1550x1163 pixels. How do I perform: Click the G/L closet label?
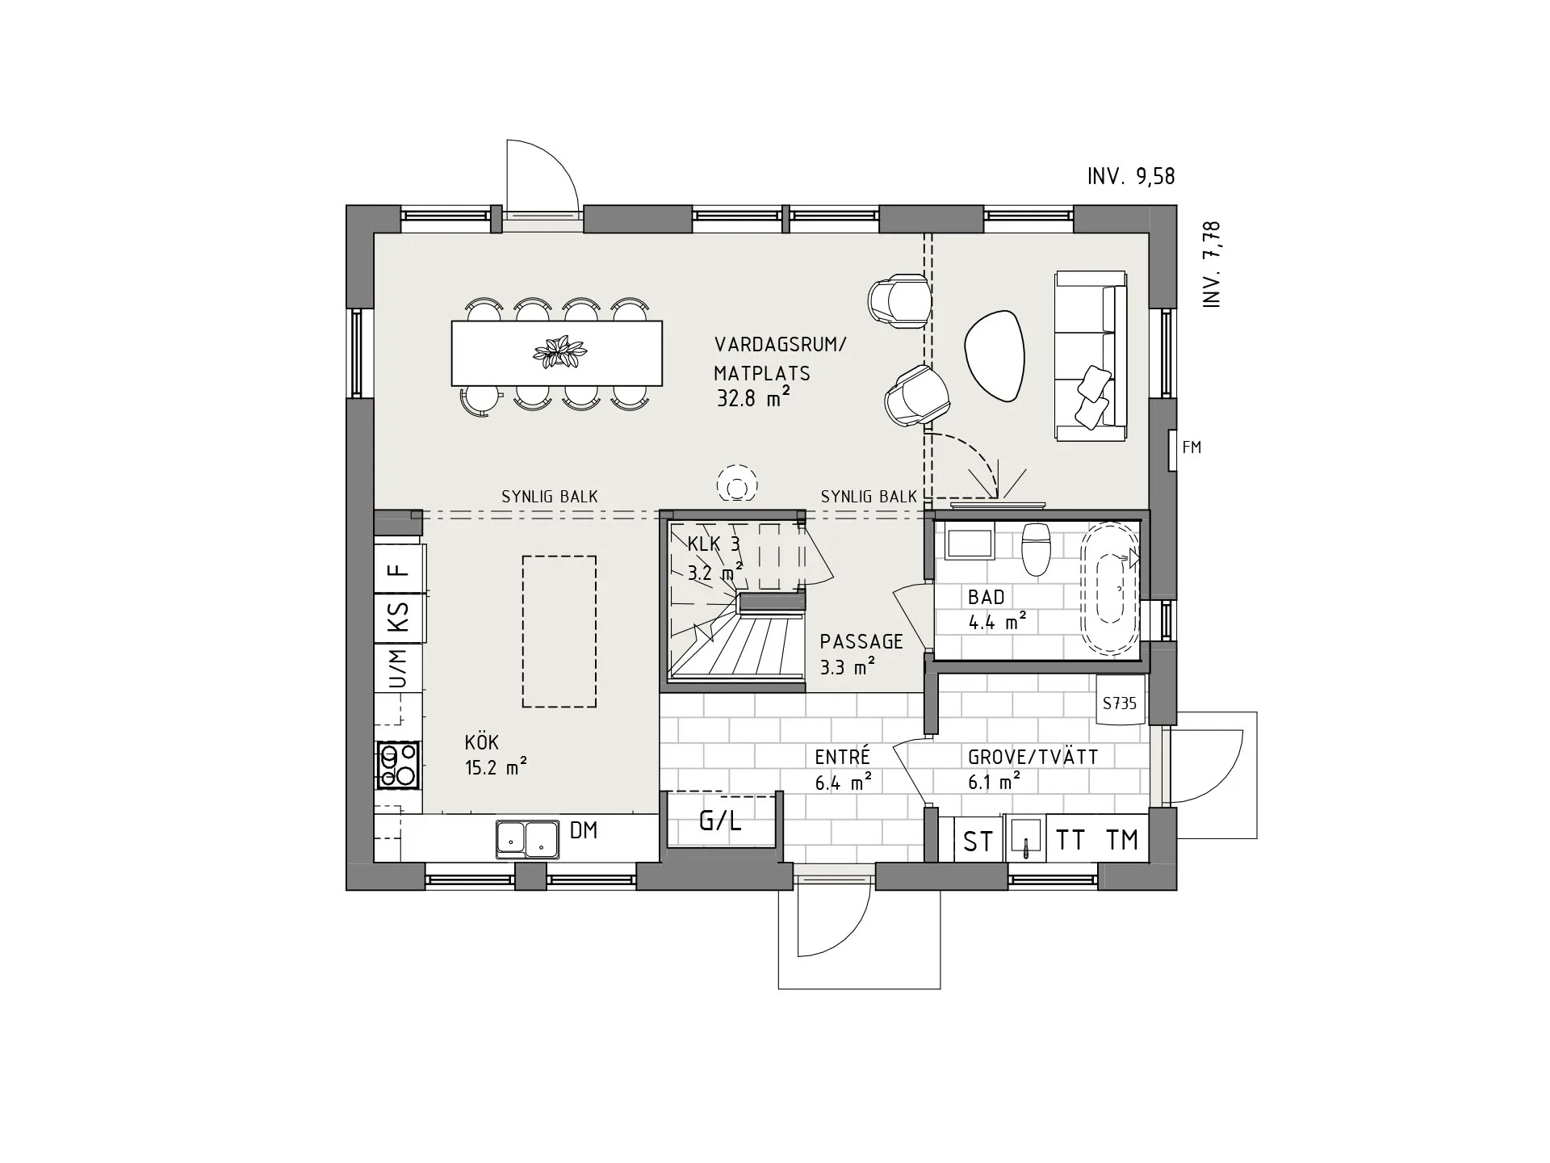pyautogui.click(x=720, y=821)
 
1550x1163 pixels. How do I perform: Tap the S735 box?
pyautogui.click(x=1120, y=703)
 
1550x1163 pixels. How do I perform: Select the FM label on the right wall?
pyautogui.click(x=1192, y=447)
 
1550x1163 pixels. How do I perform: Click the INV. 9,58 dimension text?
pyautogui.click(x=1130, y=176)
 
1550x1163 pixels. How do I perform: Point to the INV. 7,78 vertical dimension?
pyautogui.click(x=1212, y=264)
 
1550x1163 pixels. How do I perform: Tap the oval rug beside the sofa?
pyautogui.click(x=995, y=356)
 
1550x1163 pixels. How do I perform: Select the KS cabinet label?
pyautogui.click(x=399, y=617)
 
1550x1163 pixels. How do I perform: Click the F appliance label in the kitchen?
pyautogui.click(x=399, y=569)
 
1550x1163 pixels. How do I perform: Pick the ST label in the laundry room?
pyautogui.click(x=978, y=842)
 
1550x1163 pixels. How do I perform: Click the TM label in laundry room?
pyautogui.click(x=1122, y=840)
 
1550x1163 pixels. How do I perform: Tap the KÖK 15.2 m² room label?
pyautogui.click(x=495, y=754)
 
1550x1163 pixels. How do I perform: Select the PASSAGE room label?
pyautogui.click(x=861, y=653)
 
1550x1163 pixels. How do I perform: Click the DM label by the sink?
pyautogui.click(x=584, y=829)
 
